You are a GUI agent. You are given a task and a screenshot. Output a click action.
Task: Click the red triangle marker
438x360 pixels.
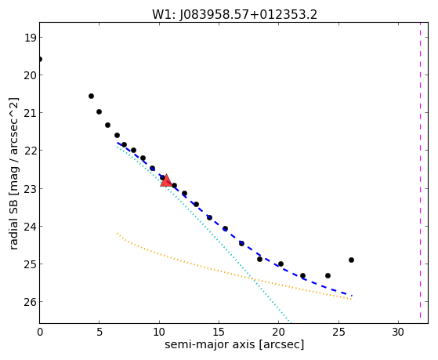tap(166, 180)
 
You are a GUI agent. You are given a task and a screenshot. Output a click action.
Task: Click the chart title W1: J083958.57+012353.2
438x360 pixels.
tap(234, 15)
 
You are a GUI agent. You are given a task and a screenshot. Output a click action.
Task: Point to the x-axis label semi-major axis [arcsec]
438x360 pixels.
tap(234, 344)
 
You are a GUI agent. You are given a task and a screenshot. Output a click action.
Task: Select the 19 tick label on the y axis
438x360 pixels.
tap(30, 38)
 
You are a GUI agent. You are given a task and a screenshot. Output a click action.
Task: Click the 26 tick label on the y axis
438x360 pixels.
tap(30, 302)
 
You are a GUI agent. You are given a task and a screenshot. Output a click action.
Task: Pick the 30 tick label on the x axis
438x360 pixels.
tap(398, 332)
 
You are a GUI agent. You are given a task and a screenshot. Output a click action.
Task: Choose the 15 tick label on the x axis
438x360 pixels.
tap(219, 332)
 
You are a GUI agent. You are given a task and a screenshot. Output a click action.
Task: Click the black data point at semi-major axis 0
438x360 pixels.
tap(40, 60)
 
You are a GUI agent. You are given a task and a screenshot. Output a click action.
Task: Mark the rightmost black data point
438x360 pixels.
tap(351, 260)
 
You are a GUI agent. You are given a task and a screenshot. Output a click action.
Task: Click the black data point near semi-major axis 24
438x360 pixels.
tap(328, 276)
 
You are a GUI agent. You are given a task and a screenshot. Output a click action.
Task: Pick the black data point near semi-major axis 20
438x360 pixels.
tap(281, 264)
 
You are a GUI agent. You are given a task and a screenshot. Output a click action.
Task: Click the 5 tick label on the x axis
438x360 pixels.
tap(100, 332)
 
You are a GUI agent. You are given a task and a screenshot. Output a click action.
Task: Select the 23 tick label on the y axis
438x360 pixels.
tap(30, 188)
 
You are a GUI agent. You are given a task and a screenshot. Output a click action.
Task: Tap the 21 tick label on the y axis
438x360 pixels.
tap(30, 113)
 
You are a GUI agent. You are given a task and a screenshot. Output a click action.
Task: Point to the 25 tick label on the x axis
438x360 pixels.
tap(338, 332)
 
